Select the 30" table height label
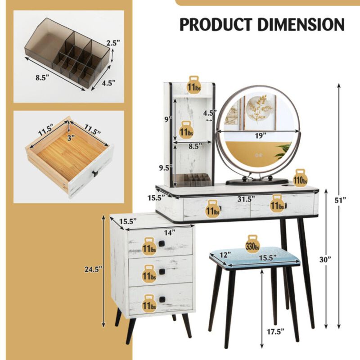(x=332, y=259)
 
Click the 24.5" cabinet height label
(x=93, y=269)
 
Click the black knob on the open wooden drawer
(x=95, y=173)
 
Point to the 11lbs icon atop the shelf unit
(x=194, y=84)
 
